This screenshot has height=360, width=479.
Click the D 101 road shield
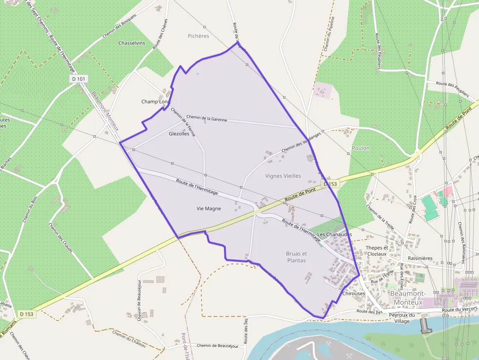(x=79, y=78)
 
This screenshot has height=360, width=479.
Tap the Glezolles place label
(x=178, y=133)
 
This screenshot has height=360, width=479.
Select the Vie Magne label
(x=209, y=209)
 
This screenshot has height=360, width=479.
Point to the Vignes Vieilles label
(x=283, y=176)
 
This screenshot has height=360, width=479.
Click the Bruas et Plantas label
(x=296, y=257)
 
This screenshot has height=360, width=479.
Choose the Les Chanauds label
(x=335, y=235)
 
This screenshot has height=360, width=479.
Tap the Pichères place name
(x=198, y=36)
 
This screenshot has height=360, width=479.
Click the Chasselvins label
(x=131, y=43)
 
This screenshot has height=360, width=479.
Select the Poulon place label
(x=361, y=148)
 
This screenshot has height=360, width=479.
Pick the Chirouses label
(x=354, y=294)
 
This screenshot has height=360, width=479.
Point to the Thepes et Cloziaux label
(x=376, y=251)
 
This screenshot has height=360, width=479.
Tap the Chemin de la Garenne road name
(x=207, y=118)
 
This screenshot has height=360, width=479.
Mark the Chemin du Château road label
(x=129, y=339)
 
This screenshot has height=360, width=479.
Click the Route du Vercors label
(x=459, y=310)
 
